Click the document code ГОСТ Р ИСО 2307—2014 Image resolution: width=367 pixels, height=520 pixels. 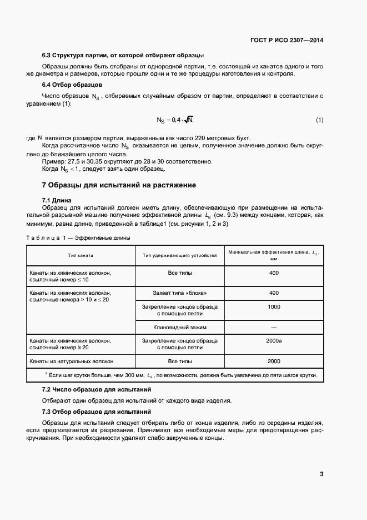[x=287, y=40]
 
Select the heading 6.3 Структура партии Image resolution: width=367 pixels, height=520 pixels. [x=123, y=55]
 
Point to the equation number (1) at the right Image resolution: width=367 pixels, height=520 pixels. [x=319, y=120]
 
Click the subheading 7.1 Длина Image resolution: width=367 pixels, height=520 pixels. [x=57, y=200]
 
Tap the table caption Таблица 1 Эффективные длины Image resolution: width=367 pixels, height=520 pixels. [x=78, y=238]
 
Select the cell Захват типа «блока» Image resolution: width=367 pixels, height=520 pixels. [x=179, y=293]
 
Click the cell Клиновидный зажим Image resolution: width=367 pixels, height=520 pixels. [x=179, y=327]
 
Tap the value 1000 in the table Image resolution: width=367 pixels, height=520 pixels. [x=274, y=306]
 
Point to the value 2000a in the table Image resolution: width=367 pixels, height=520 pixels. [x=274, y=340]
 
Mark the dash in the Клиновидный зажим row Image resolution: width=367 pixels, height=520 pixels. [x=274, y=328]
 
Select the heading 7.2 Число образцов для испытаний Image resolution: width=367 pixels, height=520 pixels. [x=97, y=389]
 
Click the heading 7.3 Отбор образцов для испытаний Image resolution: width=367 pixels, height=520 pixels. [x=97, y=412]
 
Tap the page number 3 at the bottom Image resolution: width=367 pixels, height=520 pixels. [x=321, y=474]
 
